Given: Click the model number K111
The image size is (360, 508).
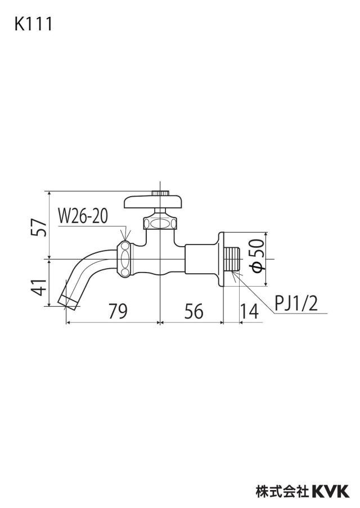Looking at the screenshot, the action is tap(33, 24).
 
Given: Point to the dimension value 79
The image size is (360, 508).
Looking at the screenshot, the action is tap(118, 311).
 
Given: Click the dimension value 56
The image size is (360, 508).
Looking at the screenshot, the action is tap(193, 311).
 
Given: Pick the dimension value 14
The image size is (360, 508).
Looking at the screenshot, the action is tap(249, 311).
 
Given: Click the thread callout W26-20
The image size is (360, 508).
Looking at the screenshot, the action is tap(83, 216).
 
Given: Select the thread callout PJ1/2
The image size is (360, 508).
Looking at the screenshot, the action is tap(296, 304).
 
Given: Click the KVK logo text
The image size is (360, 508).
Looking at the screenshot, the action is tap(331, 491).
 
